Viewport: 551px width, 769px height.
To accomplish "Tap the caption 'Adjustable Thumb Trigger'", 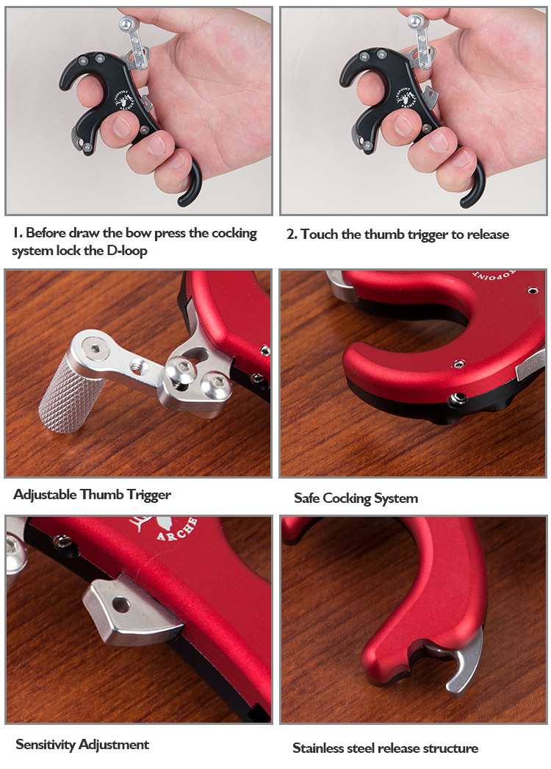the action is [92, 494].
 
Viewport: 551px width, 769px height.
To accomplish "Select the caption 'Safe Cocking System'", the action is [356, 498].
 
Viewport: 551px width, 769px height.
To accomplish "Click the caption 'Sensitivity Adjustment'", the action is [82, 745].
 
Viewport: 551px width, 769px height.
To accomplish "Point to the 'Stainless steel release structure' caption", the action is [385, 748].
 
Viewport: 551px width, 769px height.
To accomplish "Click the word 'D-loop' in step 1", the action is [127, 251].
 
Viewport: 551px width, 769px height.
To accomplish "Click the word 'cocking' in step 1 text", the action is [234, 233].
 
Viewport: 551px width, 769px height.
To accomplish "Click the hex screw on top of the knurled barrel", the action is [95, 348].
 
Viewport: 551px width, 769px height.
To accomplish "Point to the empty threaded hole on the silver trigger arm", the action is [136, 366].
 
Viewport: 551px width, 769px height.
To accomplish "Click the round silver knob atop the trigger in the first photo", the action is [127, 22].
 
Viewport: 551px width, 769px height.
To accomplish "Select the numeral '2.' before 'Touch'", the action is [292, 235].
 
